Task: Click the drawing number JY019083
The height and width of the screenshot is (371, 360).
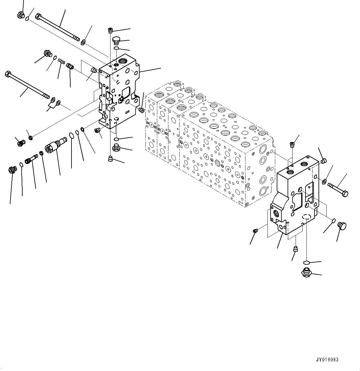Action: [x=327, y=360]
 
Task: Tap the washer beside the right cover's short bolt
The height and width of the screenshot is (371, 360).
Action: [x=324, y=181]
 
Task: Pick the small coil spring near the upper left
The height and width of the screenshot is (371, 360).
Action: [x=62, y=62]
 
